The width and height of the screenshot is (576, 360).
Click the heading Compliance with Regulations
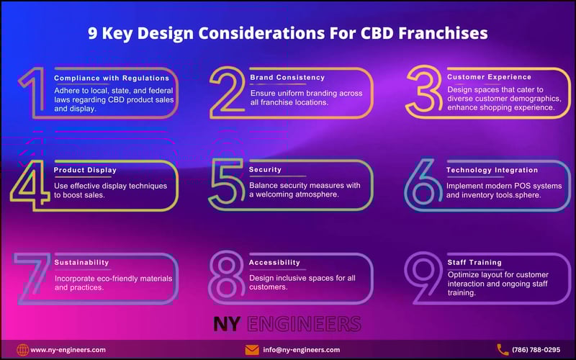coord(112,78)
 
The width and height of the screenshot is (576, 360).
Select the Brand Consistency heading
coord(287,77)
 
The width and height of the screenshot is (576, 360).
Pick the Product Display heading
coord(85,170)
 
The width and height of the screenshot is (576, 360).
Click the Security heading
coord(265,170)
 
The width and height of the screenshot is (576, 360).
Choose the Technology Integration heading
coord(492,170)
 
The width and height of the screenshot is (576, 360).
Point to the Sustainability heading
coord(81,263)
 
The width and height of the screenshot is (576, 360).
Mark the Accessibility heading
coord(274,263)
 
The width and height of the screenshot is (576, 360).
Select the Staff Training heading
coord(474,263)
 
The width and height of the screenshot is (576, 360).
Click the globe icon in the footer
coord(23,350)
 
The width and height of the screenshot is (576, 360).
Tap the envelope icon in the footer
coord(252,350)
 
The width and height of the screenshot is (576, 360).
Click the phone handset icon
coord(503,350)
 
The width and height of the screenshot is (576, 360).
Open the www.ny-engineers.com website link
coord(69,350)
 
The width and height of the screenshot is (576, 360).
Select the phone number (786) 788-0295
coord(536,350)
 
